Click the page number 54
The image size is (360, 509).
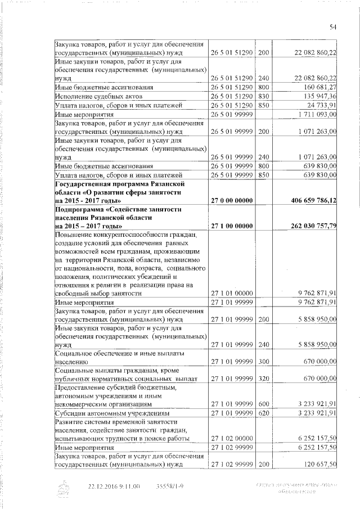(332, 26)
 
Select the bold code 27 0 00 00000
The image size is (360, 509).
(231, 201)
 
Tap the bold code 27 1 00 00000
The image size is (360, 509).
(231, 226)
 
